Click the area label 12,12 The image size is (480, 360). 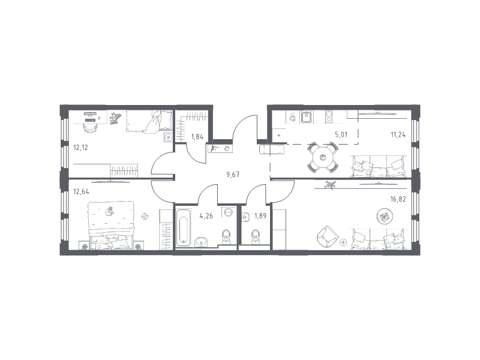[80, 148]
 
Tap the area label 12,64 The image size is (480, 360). [81, 191]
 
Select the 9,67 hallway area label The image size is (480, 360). [233, 175]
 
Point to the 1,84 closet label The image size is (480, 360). [197, 137]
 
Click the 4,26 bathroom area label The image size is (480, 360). [206, 216]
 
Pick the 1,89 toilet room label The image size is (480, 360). [260, 216]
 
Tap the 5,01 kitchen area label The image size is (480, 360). [341, 134]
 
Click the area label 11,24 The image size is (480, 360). [398, 134]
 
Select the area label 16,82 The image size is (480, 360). [398, 199]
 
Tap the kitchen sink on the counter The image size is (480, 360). [307, 116]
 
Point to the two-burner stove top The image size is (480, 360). [328, 116]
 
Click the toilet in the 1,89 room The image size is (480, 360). [256, 236]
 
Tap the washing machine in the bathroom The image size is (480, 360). [229, 212]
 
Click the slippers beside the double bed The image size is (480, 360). [145, 217]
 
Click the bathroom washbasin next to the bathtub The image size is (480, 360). [201, 242]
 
